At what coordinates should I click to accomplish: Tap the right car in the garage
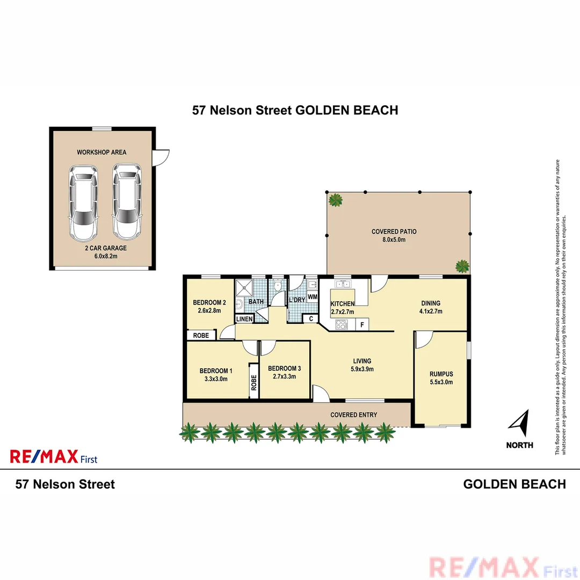coord(127,202)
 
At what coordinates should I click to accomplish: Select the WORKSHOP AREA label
coord(102,153)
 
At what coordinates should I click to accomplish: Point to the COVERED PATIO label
coord(394,232)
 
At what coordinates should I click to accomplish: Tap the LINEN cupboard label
coord(244,320)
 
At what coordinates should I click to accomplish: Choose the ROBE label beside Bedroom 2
coord(201,335)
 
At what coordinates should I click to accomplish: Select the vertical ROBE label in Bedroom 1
coord(253,382)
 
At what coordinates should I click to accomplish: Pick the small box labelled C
coord(310,318)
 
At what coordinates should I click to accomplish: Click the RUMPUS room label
coord(441,374)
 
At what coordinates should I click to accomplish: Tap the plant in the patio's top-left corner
coord(336,201)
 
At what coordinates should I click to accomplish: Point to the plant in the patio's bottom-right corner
coord(462,266)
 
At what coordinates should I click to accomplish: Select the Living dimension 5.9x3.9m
coord(362,369)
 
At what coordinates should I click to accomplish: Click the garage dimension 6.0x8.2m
coord(101,256)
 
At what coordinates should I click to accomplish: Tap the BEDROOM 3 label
coord(284,368)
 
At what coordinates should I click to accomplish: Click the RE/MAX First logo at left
coord(54,457)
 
